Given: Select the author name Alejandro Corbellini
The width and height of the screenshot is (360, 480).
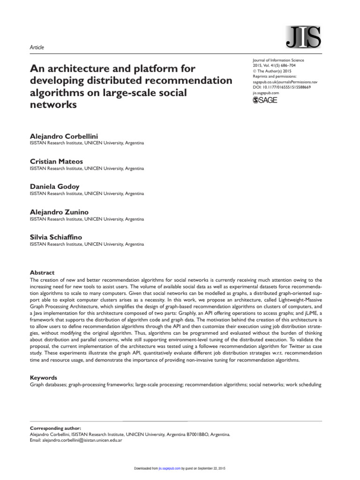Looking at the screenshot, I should pyautogui.click(x=64, y=135).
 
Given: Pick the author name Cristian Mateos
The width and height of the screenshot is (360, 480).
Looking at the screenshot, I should pyautogui.click(x=56, y=161).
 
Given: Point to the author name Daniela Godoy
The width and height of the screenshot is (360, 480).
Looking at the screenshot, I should pyautogui.click(x=55, y=187).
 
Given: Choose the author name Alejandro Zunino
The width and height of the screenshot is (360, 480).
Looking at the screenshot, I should pyautogui.click(x=60, y=212).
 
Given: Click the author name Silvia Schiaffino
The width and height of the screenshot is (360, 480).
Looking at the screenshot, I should pyautogui.click(x=56, y=237).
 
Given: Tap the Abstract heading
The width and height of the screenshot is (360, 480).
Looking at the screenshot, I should pyautogui.click(x=42, y=272).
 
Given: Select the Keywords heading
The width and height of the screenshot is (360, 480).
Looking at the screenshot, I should pyautogui.click(x=43, y=377).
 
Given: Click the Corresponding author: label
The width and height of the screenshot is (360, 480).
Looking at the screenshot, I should pyautogui.click(x=55, y=428).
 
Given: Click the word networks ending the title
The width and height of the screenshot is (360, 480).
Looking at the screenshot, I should pyautogui.click(x=53, y=105).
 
